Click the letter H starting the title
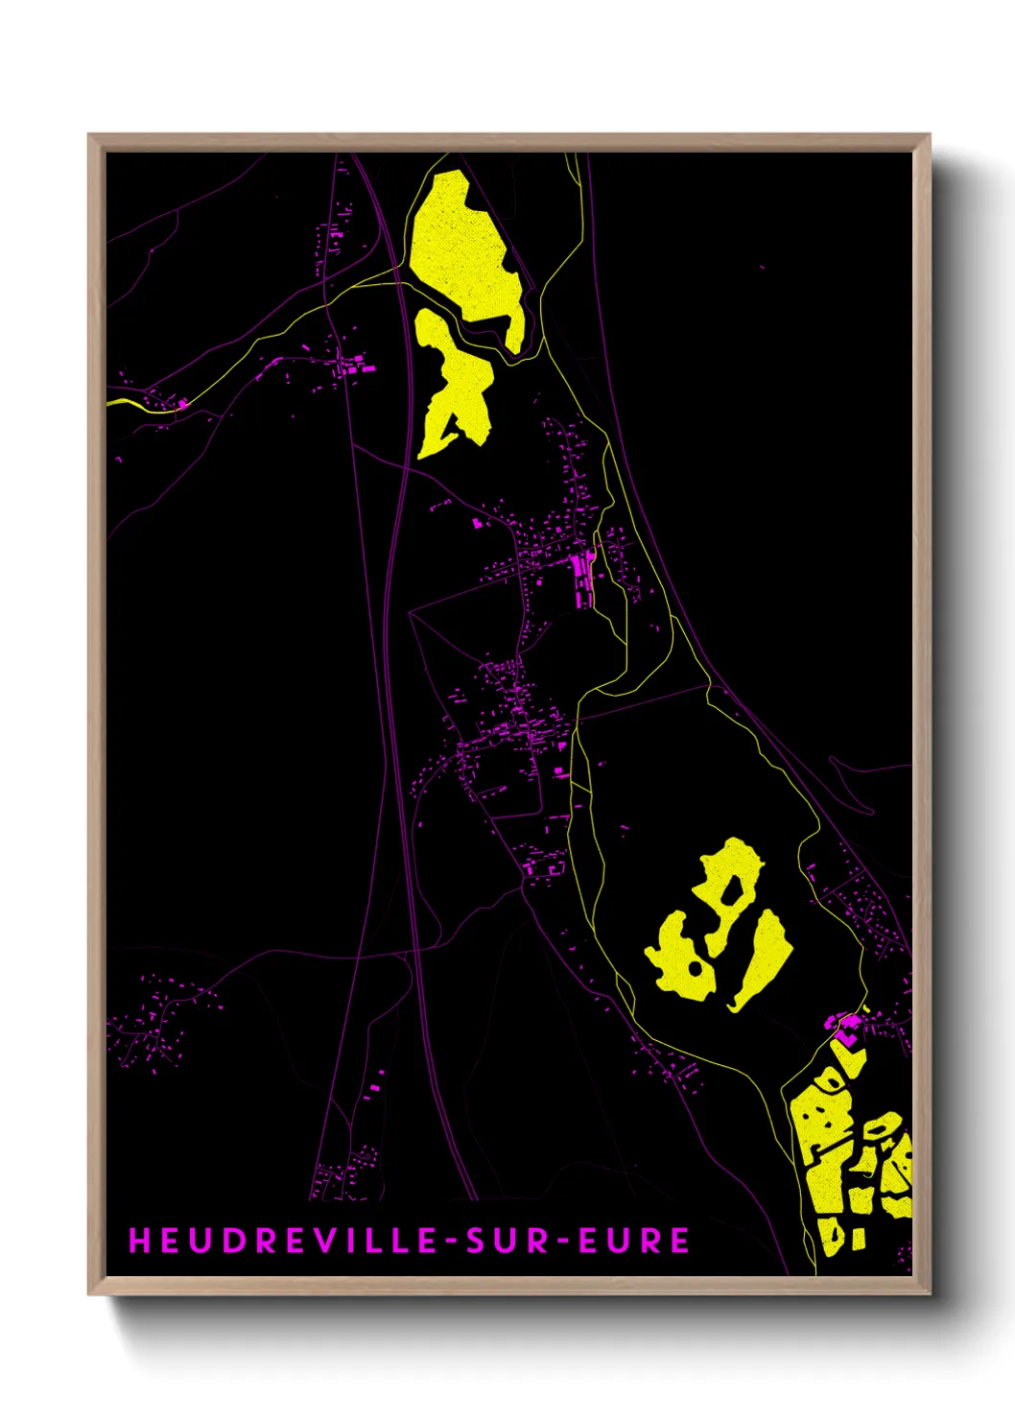(139, 1241)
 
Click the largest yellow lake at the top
(464, 254)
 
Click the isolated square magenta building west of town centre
(478, 523)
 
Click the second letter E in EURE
(680, 1241)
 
